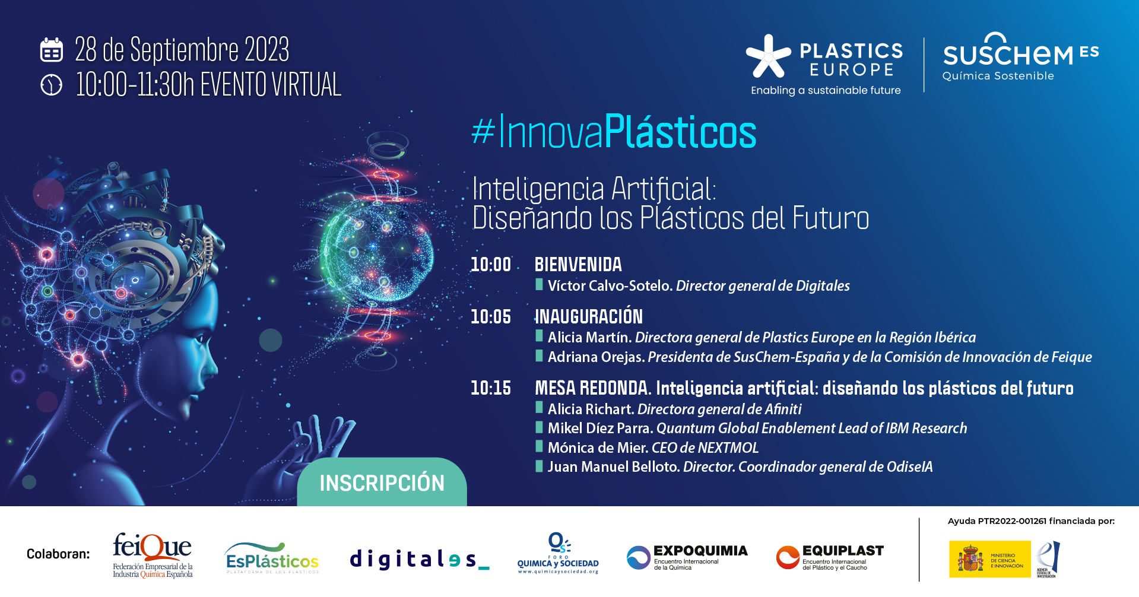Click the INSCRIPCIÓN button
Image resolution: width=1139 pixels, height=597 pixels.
pyautogui.click(x=382, y=483)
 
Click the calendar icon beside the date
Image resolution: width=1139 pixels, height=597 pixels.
pyautogui.click(x=52, y=50)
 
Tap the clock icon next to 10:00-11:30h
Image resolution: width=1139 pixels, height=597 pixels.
pyautogui.click(x=52, y=84)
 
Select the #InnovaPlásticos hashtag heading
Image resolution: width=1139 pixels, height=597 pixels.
pyautogui.click(x=614, y=132)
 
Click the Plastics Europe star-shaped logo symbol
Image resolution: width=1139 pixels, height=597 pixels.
pyautogui.click(x=768, y=57)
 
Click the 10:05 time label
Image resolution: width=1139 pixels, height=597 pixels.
pyautogui.click(x=490, y=317)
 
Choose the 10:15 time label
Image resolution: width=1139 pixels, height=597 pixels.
pyautogui.click(x=490, y=388)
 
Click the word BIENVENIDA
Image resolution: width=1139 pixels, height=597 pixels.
pyautogui.click(x=578, y=265)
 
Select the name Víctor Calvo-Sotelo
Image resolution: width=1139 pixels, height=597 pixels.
pyautogui.click(x=610, y=286)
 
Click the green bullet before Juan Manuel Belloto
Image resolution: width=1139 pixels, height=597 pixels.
pyautogui.click(x=539, y=466)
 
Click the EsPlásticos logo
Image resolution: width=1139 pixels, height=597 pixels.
pyautogui.click(x=272, y=558)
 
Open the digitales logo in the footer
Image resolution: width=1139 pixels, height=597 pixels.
pyautogui.click(x=418, y=559)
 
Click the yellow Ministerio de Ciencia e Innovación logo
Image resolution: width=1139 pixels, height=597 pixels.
pyautogui.click(x=989, y=559)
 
